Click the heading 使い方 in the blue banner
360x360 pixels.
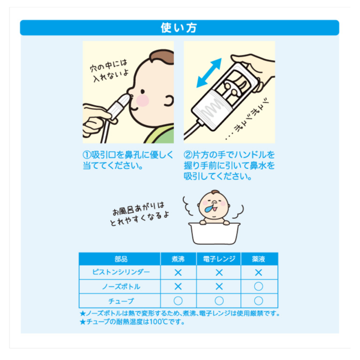click(179, 28)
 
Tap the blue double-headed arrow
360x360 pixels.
click(209, 73)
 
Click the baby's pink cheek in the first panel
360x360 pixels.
click(142, 100)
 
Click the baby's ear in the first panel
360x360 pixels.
click(169, 100)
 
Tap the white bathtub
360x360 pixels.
click(214, 233)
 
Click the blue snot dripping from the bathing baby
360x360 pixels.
click(209, 208)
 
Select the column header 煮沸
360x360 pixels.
click(178, 259)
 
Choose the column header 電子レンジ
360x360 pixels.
click(219, 259)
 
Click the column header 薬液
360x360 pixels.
click(259, 259)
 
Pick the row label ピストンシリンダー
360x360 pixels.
click(121, 272)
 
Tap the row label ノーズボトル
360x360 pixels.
click(121, 286)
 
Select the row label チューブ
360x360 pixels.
click(121, 301)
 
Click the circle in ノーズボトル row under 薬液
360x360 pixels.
click(259, 286)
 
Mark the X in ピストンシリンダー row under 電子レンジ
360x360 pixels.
click(219, 272)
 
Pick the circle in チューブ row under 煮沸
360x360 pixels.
click(178, 301)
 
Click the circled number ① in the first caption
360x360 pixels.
click(87, 155)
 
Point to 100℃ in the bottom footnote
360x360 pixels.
click(158, 322)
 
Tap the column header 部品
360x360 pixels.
click(121, 259)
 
